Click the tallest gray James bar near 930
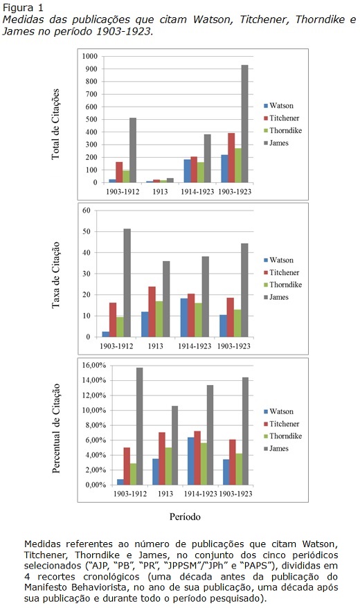click(x=244, y=124)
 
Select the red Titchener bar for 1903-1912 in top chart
click(x=119, y=172)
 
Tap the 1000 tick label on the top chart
click(x=90, y=56)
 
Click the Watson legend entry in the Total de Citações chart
click(x=278, y=105)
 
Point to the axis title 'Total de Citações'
click(x=56, y=124)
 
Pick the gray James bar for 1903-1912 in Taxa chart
click(x=127, y=283)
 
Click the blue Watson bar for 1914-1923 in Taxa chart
click(x=184, y=318)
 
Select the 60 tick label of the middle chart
click(x=86, y=211)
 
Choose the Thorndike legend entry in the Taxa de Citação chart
click(x=282, y=285)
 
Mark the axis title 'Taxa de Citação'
click(x=56, y=275)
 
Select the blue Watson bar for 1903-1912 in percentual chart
click(x=120, y=482)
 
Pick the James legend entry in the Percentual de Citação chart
click(x=276, y=448)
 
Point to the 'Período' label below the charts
click(x=185, y=517)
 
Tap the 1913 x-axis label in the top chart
click(x=160, y=192)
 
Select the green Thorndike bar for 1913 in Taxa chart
click(x=159, y=319)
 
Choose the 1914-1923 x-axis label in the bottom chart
click(x=200, y=494)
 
